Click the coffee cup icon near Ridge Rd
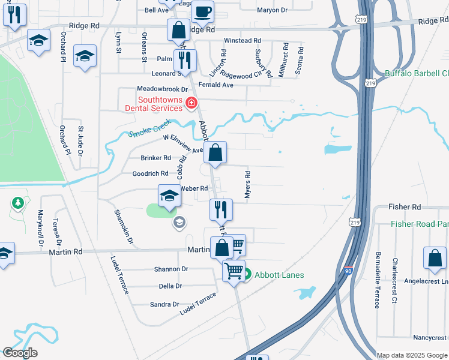click(x=203, y=10)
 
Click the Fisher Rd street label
click(x=405, y=206)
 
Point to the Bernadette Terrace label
click(x=377, y=284)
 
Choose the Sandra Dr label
click(x=161, y=304)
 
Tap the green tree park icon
click(x=18, y=203)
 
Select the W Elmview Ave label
click(x=184, y=144)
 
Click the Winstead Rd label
click(x=242, y=41)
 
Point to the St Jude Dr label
click(x=80, y=141)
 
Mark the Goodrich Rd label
click(x=150, y=173)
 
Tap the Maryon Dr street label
click(x=273, y=10)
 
